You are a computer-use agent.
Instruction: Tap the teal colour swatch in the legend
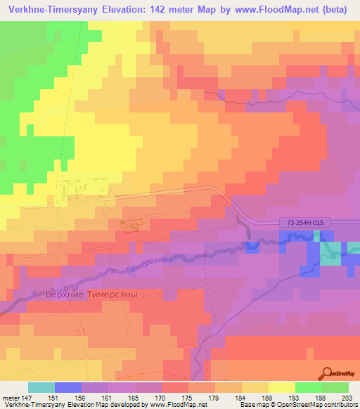pos(41,387)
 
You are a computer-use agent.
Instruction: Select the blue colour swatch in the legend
pos(68,387)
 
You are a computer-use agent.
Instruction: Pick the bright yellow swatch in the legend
pos(282,387)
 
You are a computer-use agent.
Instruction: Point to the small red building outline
pos(130,226)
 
